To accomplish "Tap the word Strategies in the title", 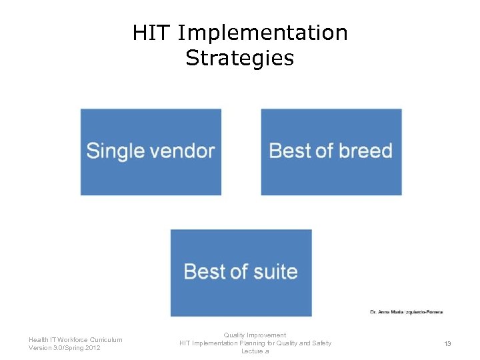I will pos(240,58).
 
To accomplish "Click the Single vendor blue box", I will pos(151,152).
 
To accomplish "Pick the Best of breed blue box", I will pos(331,152).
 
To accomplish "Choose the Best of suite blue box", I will pos(241,273).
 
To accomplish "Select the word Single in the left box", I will pos(115,151).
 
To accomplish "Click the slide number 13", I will pos(447,343).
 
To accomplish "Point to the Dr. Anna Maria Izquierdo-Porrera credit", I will pos(406,311).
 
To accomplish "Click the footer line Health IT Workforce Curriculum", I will pos(75,339).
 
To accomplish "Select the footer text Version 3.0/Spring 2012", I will pos(65,347).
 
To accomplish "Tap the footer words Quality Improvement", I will pos(255,335).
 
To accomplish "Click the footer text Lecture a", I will pos(255,351).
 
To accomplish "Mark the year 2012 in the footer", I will pos(93,347).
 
